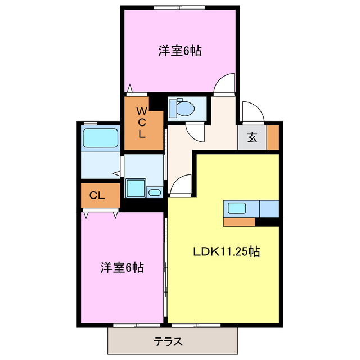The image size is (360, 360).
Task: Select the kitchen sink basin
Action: tap(237, 208)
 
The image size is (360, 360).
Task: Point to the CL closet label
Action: tap(97, 196)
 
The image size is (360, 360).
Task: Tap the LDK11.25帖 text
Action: tap(227, 253)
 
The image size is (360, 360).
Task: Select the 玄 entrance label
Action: tap(253, 137)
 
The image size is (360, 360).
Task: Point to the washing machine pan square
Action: tap(135, 188)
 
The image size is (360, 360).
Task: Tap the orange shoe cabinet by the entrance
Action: tap(273, 138)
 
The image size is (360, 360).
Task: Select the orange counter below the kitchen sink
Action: tap(239, 221)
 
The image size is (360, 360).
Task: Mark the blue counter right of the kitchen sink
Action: tap(269, 208)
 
